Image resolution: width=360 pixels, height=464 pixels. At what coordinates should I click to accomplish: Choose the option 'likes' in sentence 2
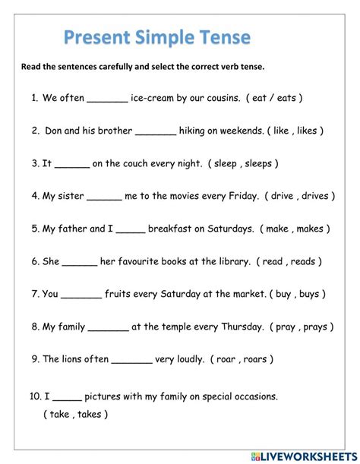click(308, 131)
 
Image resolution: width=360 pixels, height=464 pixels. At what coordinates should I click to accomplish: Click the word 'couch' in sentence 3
click(122, 163)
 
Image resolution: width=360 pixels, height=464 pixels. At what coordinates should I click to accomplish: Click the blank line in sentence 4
click(104, 197)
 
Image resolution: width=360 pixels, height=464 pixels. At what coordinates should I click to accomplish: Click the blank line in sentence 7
click(81, 295)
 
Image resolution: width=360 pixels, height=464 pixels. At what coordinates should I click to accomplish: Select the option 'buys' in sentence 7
click(310, 294)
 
